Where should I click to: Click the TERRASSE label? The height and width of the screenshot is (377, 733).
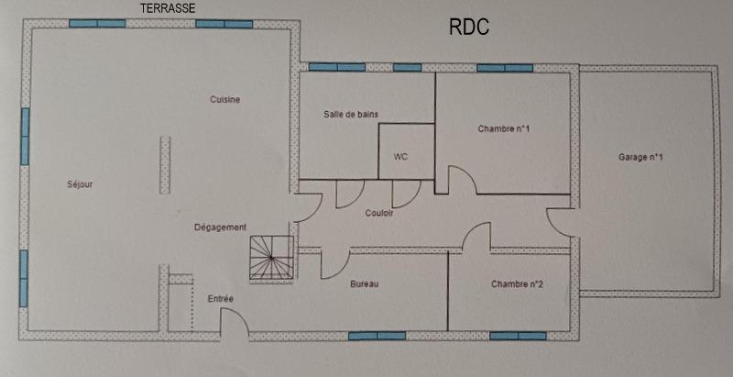(168, 7)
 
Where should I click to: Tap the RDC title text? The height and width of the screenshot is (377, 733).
(468, 28)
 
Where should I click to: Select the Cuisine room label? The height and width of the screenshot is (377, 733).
(224, 100)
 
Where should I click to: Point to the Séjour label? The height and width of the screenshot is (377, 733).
(80, 184)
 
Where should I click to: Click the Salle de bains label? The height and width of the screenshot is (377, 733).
(351, 114)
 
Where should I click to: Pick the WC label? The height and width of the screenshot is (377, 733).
(400, 157)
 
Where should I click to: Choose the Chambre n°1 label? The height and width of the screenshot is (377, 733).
(505, 129)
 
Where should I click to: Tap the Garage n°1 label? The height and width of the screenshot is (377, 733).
(640, 158)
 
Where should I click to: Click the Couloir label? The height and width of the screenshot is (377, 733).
(378, 213)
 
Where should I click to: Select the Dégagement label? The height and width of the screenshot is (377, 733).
(220, 227)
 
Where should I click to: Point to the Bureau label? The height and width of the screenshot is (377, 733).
(365, 284)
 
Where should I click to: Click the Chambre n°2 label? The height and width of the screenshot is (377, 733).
(517, 284)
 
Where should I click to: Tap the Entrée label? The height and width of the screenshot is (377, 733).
(220, 299)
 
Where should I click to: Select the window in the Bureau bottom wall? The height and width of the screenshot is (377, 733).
(377, 336)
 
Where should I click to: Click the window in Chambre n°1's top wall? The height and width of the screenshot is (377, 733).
(505, 67)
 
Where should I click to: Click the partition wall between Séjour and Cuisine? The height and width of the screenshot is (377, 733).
(165, 164)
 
